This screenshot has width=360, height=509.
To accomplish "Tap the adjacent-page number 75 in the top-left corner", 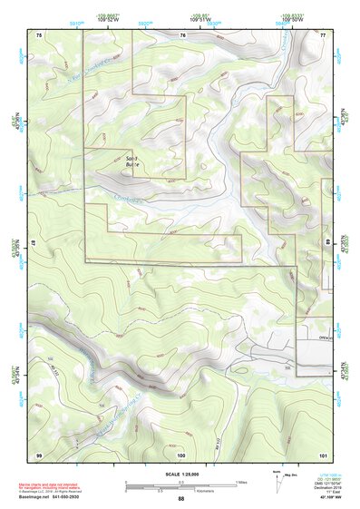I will pyautogui.click(x=38, y=34).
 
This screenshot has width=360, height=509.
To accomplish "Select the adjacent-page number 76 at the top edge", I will pyautogui.click(x=182, y=34).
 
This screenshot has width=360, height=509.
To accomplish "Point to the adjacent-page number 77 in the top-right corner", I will pyautogui.click(x=323, y=34).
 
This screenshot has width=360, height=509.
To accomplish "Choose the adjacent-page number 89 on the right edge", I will pyautogui.click(x=328, y=243).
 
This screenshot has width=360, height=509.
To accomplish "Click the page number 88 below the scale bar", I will pyautogui.click(x=181, y=499).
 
